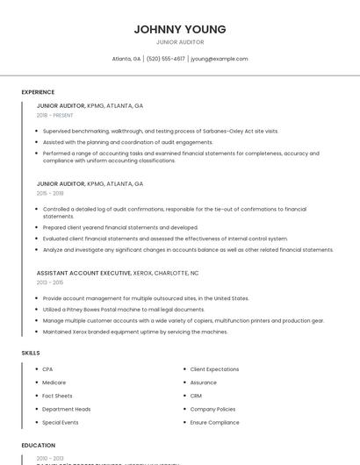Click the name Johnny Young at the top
tap(180, 29)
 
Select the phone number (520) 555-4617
tap(166, 59)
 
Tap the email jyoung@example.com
tap(220, 59)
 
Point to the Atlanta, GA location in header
tap(126, 59)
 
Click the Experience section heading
tap(38, 92)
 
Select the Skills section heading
tap(31, 353)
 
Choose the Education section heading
tap(39, 446)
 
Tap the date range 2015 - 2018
tap(50, 193)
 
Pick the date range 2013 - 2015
tap(50, 283)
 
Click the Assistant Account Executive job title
tap(84, 273)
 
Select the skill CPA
tap(47, 369)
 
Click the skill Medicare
tap(54, 383)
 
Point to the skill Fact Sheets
tap(57, 396)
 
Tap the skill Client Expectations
tap(214, 369)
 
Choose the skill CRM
tap(196, 396)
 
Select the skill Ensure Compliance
tap(214, 422)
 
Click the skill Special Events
tap(60, 422)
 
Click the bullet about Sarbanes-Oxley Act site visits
tap(161, 131)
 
